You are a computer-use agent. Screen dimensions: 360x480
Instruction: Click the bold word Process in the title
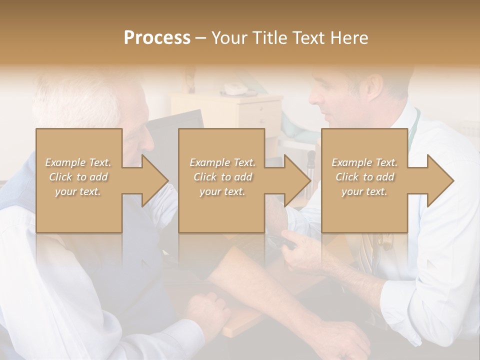(157, 38)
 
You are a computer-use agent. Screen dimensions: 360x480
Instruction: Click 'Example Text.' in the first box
(78, 162)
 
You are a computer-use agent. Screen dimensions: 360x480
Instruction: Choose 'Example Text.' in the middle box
(222, 162)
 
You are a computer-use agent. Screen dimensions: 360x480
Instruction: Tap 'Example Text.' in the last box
(364, 162)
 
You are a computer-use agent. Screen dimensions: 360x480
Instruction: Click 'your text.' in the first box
(78, 191)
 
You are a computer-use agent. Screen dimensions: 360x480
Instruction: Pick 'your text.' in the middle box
(222, 191)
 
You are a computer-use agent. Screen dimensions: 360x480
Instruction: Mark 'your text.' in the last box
(364, 191)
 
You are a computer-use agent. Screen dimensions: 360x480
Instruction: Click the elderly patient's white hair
(80, 100)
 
